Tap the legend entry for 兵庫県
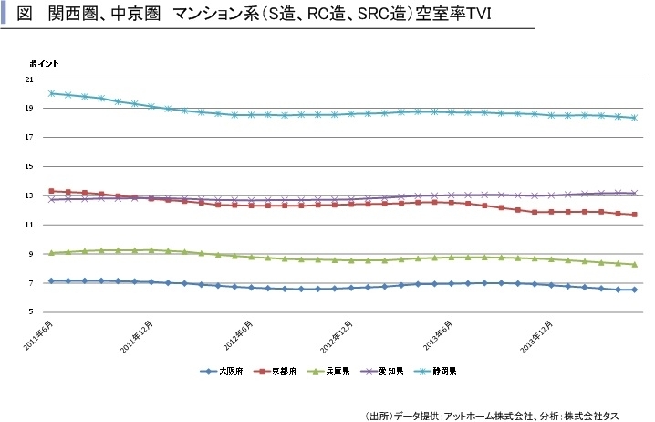click(334, 372)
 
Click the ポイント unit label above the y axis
click(45, 62)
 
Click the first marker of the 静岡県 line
click(52, 93)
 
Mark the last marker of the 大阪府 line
click(634, 290)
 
